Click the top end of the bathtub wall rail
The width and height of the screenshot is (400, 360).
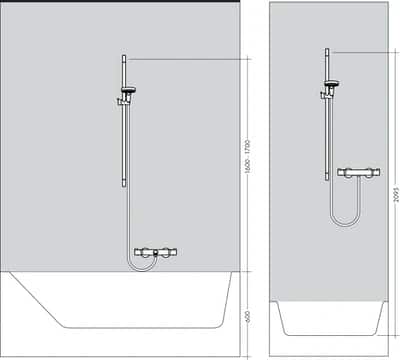click(124, 59)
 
